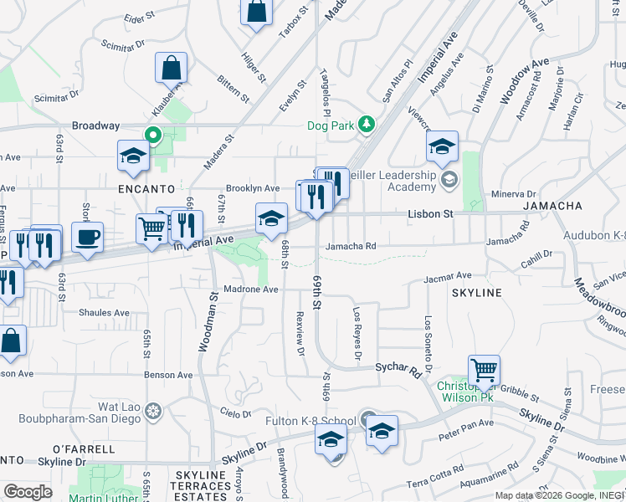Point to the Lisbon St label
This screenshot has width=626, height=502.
[x=430, y=214]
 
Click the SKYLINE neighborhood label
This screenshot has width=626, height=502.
[x=476, y=293]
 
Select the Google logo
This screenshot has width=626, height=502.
[x=28, y=491]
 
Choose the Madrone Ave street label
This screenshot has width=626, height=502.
[x=249, y=289]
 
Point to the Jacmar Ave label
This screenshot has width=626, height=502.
[x=449, y=276]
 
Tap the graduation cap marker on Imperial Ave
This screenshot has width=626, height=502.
[x=270, y=219]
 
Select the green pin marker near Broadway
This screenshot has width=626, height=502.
[x=153, y=135]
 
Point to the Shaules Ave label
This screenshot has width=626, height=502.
[x=104, y=313]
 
